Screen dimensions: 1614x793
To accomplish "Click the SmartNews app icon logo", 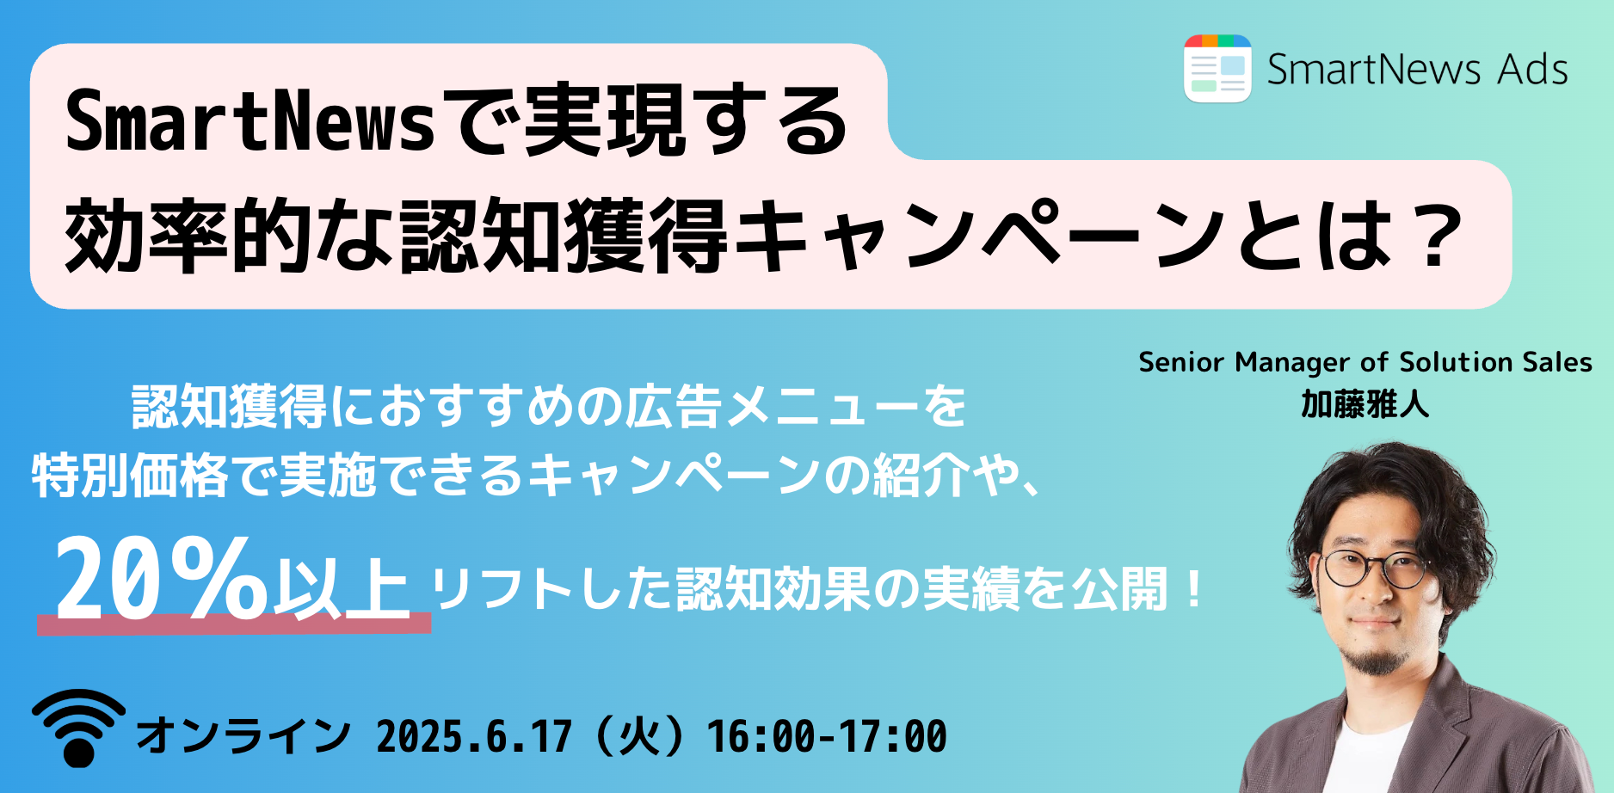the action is click(1217, 69).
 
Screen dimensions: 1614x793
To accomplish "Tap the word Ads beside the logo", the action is click(1532, 70).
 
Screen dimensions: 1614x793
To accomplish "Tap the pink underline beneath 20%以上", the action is click(234, 624).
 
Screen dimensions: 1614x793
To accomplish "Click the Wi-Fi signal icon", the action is click(79, 728).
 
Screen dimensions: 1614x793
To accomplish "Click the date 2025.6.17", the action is click(474, 737).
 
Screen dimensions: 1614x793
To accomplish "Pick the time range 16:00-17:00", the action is click(827, 737).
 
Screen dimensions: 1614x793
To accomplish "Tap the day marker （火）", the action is click(639, 737).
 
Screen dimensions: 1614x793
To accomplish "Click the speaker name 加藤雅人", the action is click(1365, 404).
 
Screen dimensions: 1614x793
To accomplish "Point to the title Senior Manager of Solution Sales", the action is click(1365, 362).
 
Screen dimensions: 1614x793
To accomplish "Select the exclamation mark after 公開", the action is click(1193, 589).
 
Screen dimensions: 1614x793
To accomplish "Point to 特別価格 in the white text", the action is click(130, 476).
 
